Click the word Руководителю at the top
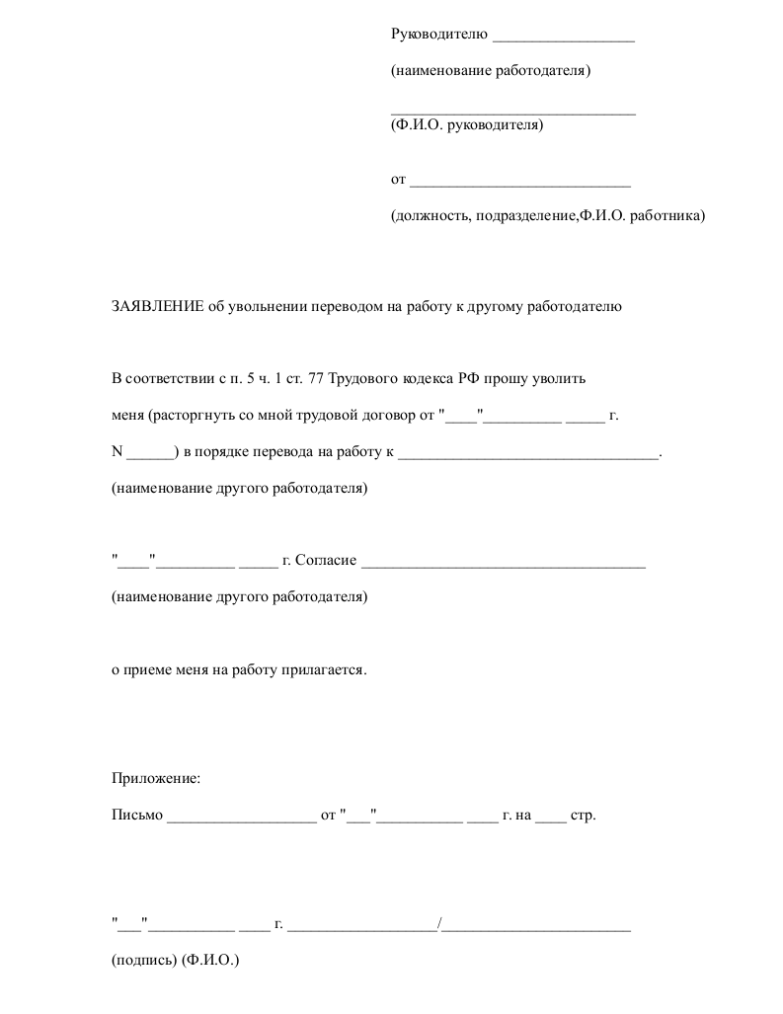(x=439, y=35)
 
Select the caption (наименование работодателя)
(x=491, y=71)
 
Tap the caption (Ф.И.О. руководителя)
(x=467, y=125)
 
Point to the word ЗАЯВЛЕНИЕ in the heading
(x=157, y=306)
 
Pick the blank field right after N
(x=150, y=455)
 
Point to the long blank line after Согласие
(x=504, y=565)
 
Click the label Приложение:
(x=156, y=779)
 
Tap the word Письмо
(x=136, y=817)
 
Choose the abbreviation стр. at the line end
(x=584, y=817)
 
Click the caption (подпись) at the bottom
(x=144, y=959)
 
